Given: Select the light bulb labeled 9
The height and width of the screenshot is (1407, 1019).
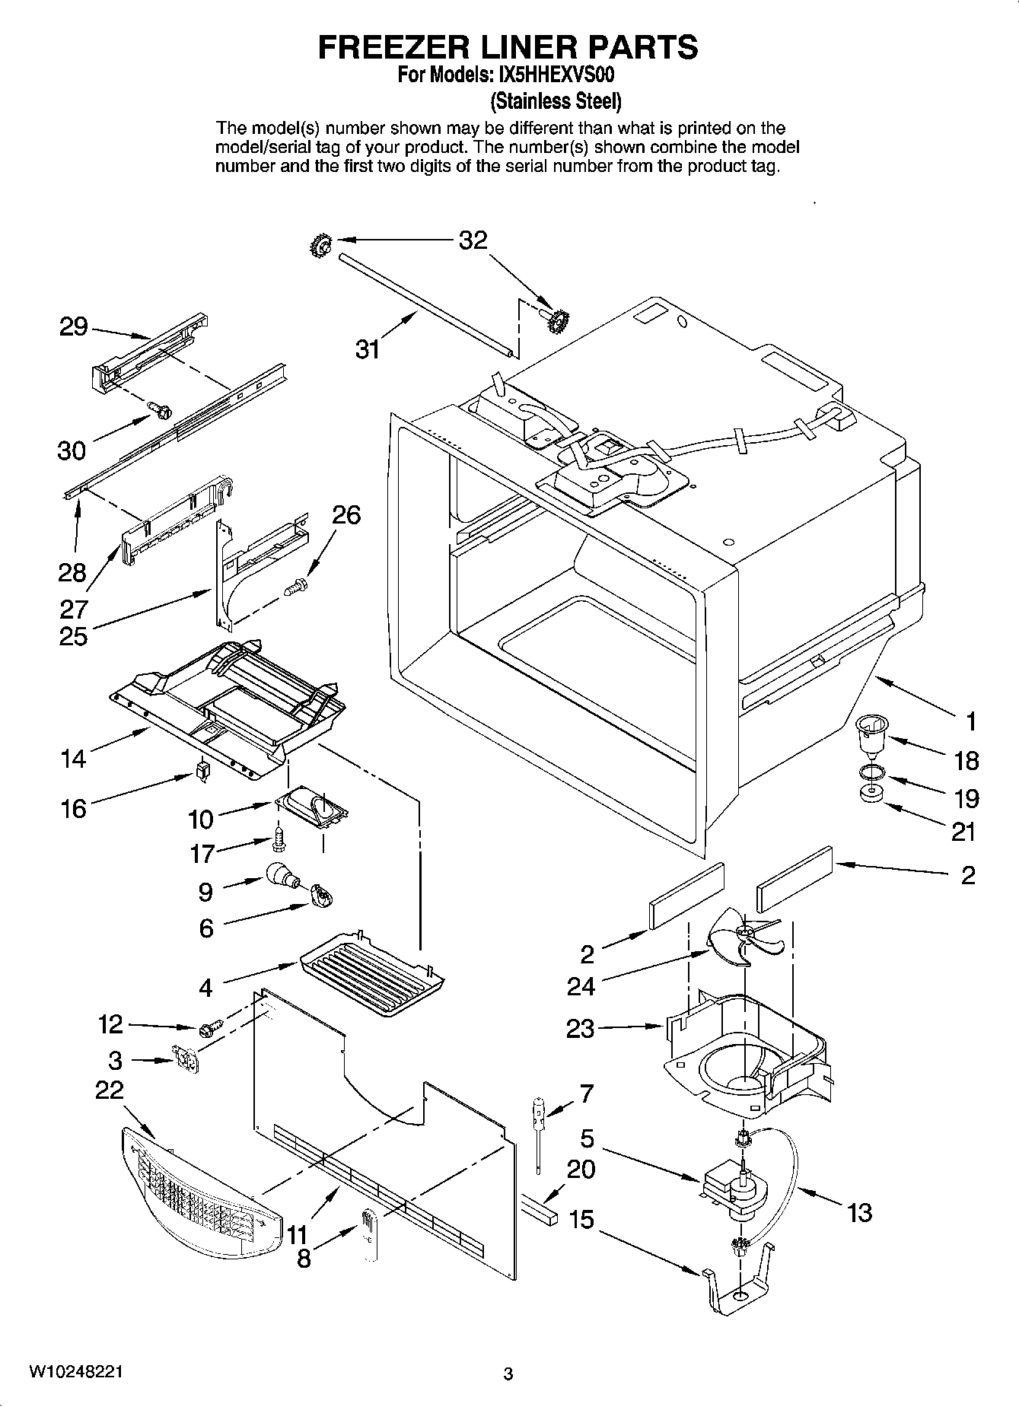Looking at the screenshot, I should coord(281,876).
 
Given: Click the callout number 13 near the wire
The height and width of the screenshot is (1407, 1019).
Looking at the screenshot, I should coord(859,1211).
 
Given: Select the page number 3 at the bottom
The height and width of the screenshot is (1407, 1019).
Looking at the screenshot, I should coord(508,1374).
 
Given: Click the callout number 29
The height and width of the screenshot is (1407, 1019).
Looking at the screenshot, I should coord(74,328).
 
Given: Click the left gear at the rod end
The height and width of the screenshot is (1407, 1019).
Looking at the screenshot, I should coord(320,245).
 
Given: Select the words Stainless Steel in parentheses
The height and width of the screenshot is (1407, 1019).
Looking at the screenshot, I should coord(556,100).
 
